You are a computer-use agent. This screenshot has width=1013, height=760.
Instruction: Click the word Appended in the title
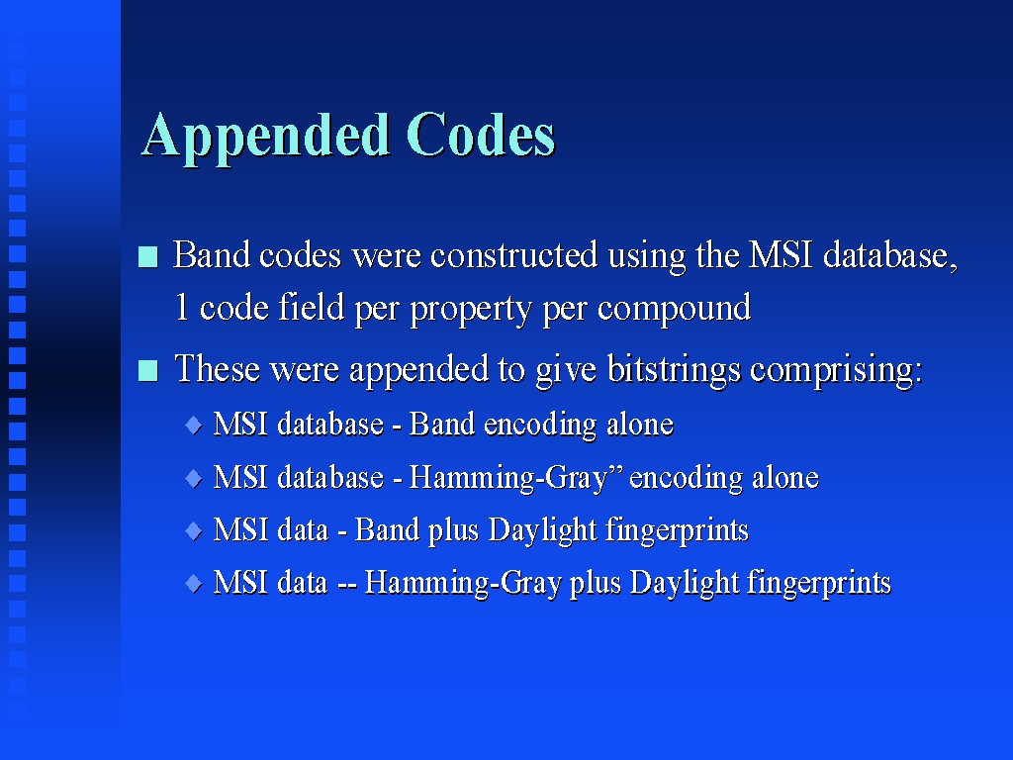click(265, 137)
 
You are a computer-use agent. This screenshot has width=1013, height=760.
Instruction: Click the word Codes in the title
click(481, 135)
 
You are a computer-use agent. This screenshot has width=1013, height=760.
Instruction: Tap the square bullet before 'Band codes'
click(148, 256)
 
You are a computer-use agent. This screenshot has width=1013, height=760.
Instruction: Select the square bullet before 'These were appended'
click(148, 371)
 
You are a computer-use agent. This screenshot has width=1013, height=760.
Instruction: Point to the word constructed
click(514, 254)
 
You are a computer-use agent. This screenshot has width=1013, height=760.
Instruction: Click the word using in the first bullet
click(647, 257)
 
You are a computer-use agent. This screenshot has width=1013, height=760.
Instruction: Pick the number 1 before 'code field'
click(182, 307)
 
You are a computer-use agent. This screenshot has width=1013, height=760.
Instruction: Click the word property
click(470, 309)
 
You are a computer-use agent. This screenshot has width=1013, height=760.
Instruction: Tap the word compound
click(674, 309)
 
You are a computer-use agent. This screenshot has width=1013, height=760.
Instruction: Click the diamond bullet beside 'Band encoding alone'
click(194, 426)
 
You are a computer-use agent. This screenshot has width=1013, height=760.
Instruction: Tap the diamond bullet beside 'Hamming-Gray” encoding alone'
click(194, 478)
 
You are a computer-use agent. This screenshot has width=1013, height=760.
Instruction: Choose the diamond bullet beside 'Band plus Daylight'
click(194, 531)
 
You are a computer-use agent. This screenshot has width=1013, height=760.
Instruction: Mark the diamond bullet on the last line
click(194, 584)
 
